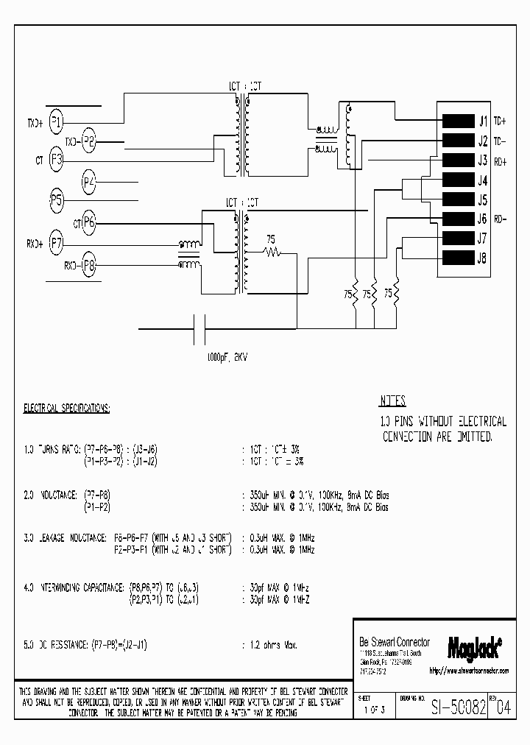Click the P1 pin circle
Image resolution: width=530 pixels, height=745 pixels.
[x=57, y=123]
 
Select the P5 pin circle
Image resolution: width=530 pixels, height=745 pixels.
[x=57, y=200]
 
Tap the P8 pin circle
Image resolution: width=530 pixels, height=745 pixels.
[x=89, y=264]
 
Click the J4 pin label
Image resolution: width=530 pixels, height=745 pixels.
[x=483, y=180]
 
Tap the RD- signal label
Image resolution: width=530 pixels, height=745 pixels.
[x=501, y=219]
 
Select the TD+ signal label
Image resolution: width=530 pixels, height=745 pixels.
[x=501, y=121]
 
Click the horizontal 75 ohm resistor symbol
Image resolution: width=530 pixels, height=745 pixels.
[x=274, y=253]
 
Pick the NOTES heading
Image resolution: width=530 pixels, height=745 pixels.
[x=392, y=402]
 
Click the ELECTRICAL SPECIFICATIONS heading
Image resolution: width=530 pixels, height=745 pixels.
[x=67, y=407]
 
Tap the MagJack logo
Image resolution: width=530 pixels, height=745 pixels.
[x=474, y=646]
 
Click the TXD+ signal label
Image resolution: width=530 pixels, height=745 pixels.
[x=35, y=123]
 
